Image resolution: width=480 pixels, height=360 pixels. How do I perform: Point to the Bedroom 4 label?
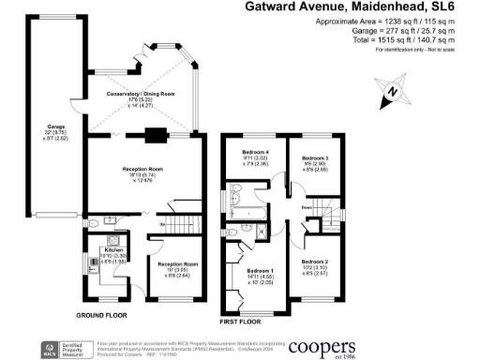click(254, 152)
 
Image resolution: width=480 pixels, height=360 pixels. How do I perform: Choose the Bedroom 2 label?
click(314, 262)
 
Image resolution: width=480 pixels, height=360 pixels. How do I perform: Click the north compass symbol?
click(395, 91)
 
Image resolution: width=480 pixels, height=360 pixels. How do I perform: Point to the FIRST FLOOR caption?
click(238, 321)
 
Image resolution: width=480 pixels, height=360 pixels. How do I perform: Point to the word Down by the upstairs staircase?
click(306, 208)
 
